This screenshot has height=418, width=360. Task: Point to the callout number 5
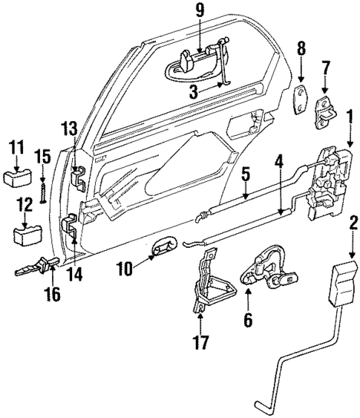(246, 175)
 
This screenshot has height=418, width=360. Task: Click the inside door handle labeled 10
(163, 248)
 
